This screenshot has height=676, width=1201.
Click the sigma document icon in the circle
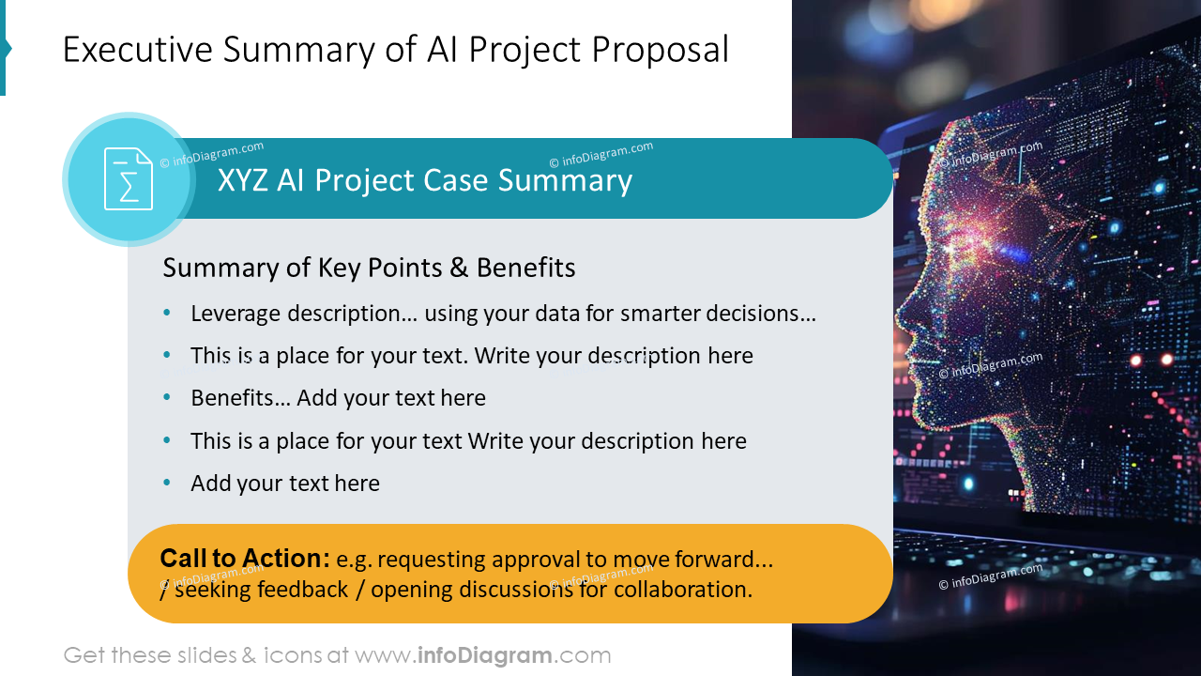click(x=128, y=179)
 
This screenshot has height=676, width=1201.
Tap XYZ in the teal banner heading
click(x=243, y=180)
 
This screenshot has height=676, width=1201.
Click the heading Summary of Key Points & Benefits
click(x=369, y=268)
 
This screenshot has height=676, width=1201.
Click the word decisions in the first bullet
click(x=755, y=314)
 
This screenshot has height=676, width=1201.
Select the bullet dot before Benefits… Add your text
click(x=167, y=397)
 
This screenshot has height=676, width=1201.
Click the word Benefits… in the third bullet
click(x=239, y=398)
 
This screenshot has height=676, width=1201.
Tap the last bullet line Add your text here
click(x=284, y=484)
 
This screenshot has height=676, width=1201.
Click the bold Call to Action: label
click(x=244, y=559)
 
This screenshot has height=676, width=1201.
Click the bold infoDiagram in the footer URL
click(x=483, y=655)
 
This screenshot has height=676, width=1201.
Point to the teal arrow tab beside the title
click(x=5, y=49)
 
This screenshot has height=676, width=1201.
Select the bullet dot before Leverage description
click(x=167, y=313)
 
